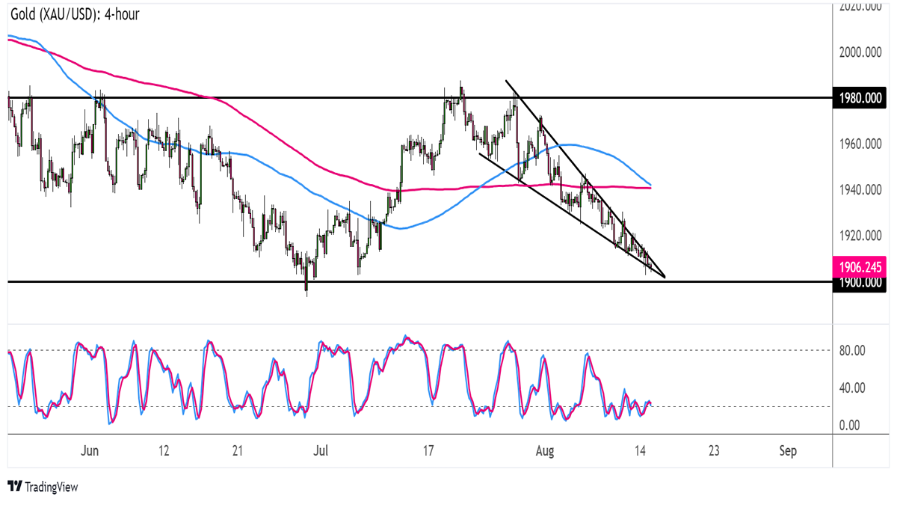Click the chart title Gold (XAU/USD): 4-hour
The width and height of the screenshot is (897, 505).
click(75, 14)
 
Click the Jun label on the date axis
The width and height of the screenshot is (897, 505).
click(90, 451)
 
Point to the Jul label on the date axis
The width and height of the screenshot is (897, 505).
click(321, 451)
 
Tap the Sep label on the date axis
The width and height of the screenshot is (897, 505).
click(788, 451)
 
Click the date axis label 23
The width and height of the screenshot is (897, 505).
click(714, 451)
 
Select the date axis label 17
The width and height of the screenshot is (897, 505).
click(428, 451)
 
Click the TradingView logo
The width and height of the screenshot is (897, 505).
click(43, 487)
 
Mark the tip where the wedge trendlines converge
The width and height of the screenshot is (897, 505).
click(664, 277)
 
